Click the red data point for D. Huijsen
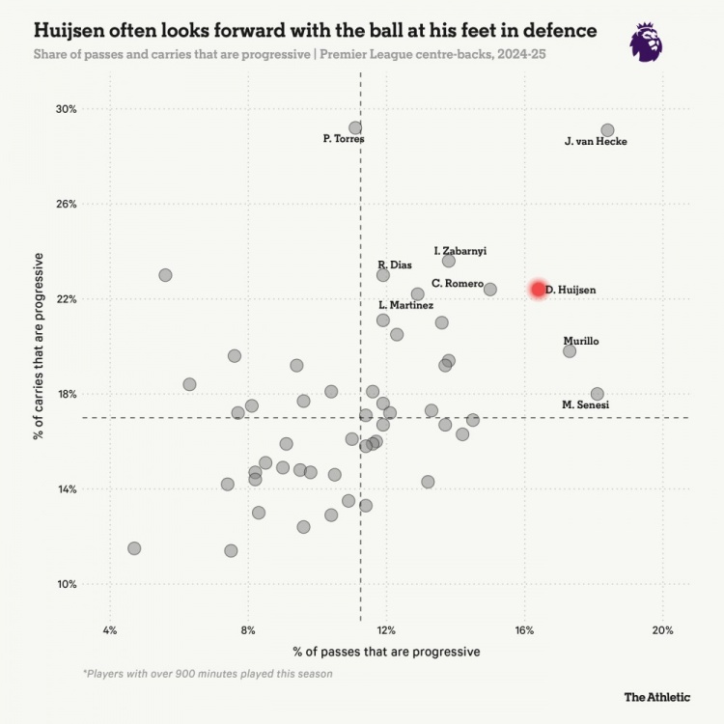click(539, 290)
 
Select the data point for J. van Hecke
click(607, 130)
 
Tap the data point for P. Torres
click(355, 127)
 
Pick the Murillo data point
click(570, 350)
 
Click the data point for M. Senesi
click(597, 394)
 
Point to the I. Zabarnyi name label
click(460, 250)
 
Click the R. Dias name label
click(395, 265)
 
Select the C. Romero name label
click(458, 283)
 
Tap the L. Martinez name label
click(405, 305)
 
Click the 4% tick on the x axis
click(110, 630)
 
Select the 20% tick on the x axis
click(662, 630)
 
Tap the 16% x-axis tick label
click(524, 630)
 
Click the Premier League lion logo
click(646, 42)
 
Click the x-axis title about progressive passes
click(386, 652)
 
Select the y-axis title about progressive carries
click(40, 346)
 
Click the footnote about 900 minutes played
click(208, 674)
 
